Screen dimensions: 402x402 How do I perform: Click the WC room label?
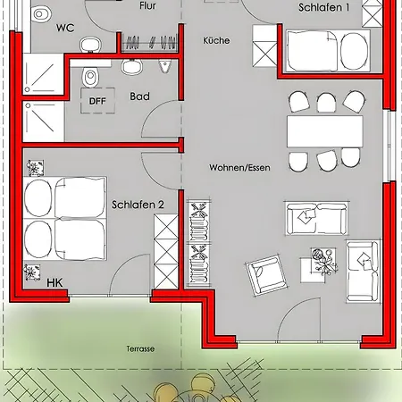pyautogui.click(x=65, y=28)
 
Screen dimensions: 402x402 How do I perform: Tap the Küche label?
pyautogui.click(x=216, y=40)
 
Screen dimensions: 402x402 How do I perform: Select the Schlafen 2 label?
pyautogui.click(x=138, y=205)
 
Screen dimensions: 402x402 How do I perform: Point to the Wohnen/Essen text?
pyautogui.click(x=239, y=168)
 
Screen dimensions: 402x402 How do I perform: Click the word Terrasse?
pyautogui.click(x=140, y=348)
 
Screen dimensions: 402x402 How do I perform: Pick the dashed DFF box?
pyautogui.click(x=97, y=101)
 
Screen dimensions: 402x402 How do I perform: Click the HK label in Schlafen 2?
pyautogui.click(x=54, y=283)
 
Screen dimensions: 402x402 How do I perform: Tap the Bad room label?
pyautogui.click(x=139, y=96)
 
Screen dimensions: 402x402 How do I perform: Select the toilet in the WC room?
pyautogui.click(x=40, y=15)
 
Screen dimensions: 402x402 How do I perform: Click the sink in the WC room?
pyautogui.click(x=90, y=45)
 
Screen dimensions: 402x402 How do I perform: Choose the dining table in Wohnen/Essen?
pyautogui.click(x=325, y=131)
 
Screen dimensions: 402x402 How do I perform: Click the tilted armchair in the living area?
pyautogui.click(x=266, y=274)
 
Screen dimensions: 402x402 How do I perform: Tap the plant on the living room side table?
pyautogui.click(x=324, y=261)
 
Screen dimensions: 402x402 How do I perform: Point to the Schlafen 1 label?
pyautogui.click(x=324, y=7)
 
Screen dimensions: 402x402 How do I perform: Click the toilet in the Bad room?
pyautogui.click(x=90, y=77)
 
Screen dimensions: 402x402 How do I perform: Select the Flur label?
pyautogui.click(x=147, y=5)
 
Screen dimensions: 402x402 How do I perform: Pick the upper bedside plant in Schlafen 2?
pyautogui.click(x=36, y=168)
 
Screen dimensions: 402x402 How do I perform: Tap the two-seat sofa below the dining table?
pyautogui.click(x=316, y=218)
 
